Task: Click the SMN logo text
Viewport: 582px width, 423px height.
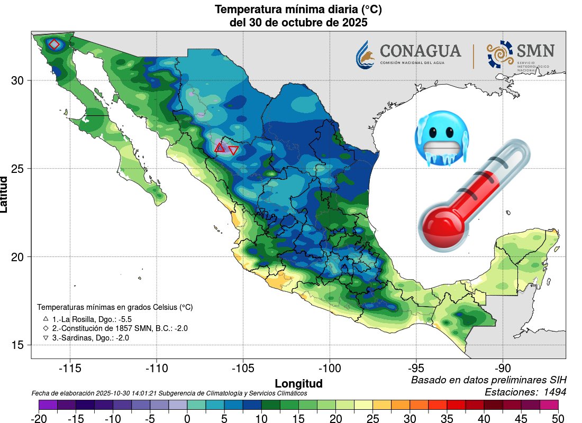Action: tap(535, 51)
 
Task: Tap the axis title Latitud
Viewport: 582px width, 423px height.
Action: tap(5, 195)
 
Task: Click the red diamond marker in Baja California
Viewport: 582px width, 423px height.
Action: tap(54, 44)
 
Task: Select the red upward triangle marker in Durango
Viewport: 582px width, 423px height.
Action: tap(220, 148)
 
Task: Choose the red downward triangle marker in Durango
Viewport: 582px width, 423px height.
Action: tap(233, 150)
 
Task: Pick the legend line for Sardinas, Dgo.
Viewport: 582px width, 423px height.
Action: tap(90, 338)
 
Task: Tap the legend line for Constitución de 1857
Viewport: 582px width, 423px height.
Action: tap(116, 328)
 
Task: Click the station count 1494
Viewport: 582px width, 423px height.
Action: tap(554, 392)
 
